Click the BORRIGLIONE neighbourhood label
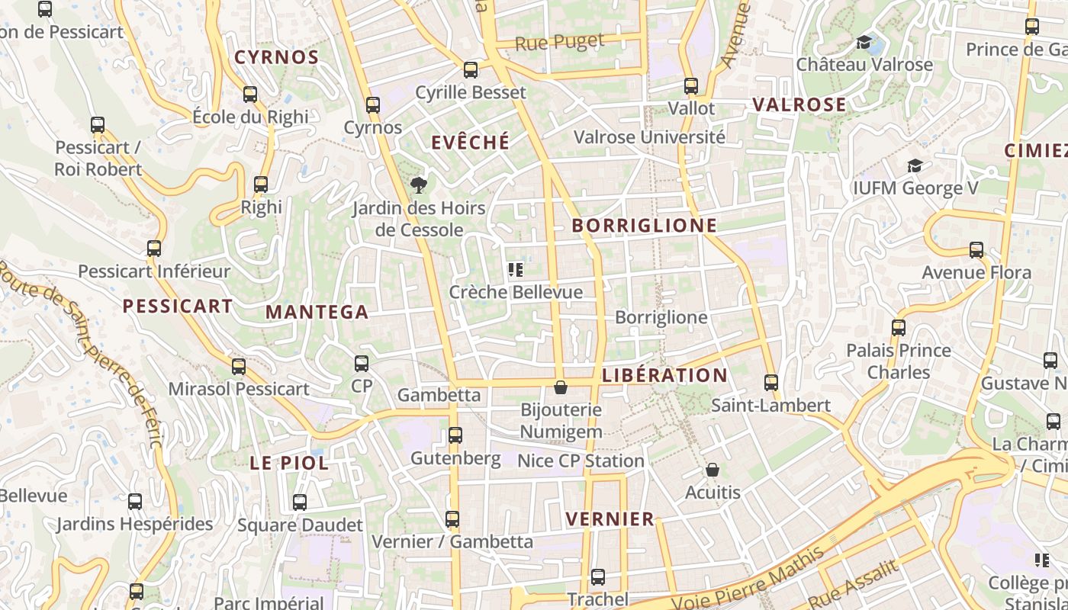click(x=645, y=226)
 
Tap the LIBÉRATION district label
click(x=664, y=375)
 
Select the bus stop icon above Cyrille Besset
click(x=471, y=70)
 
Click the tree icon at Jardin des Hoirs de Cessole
click(x=418, y=185)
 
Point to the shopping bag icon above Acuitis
click(x=712, y=470)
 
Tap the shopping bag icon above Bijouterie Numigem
click(x=561, y=387)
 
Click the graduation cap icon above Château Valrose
click(x=864, y=42)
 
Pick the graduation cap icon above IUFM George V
click(x=914, y=165)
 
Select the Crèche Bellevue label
click(x=516, y=292)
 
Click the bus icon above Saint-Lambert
click(x=771, y=383)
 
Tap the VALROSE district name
click(x=799, y=104)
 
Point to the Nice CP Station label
click(x=581, y=461)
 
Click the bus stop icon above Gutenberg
click(x=455, y=435)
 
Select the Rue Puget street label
click(x=559, y=42)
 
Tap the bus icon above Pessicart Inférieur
click(x=154, y=249)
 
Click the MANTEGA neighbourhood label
click(x=317, y=312)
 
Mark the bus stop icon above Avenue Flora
click(x=976, y=250)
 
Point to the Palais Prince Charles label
click(x=899, y=361)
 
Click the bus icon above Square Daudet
click(x=300, y=502)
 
